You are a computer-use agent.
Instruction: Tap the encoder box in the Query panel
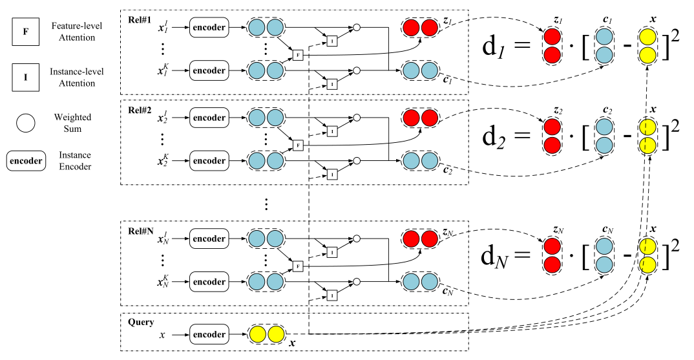point(210,335)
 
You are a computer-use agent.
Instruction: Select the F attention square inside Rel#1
point(298,54)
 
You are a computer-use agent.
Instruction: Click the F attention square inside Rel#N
point(298,266)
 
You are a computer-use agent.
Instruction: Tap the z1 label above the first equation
point(552,19)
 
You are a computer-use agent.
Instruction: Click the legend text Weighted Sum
point(73,122)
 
